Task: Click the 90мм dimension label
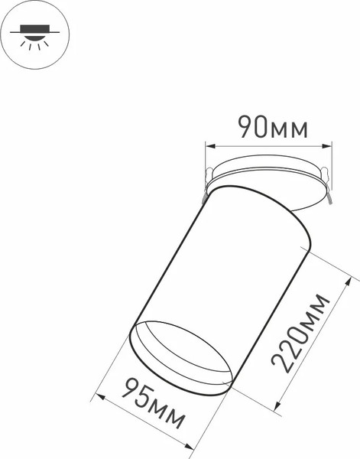coord(272,128)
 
